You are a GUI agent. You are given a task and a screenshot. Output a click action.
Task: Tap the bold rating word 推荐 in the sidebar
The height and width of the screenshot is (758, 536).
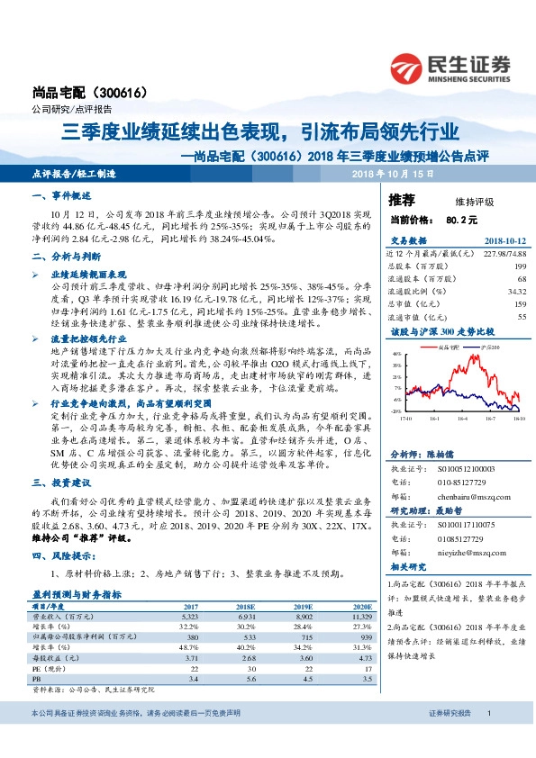tap(401, 198)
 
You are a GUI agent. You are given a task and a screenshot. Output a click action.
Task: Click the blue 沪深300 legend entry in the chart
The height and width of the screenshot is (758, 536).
tap(483, 345)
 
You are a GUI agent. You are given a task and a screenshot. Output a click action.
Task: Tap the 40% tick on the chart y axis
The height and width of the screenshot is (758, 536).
tap(398, 354)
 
